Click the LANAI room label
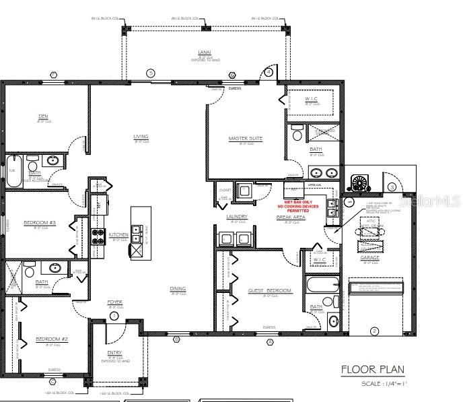click(x=205, y=51)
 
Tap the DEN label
click(x=43, y=116)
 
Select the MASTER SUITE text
click(x=245, y=139)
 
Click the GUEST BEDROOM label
click(x=269, y=290)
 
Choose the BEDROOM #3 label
click(x=38, y=222)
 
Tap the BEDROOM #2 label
click(x=52, y=339)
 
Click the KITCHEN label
click(x=118, y=235)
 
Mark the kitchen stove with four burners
click(x=98, y=236)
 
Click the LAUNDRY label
click(x=238, y=216)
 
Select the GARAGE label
click(x=369, y=258)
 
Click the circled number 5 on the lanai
click(x=151, y=73)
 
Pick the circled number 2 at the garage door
click(x=373, y=330)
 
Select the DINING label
click(x=178, y=289)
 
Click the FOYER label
click(x=114, y=302)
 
